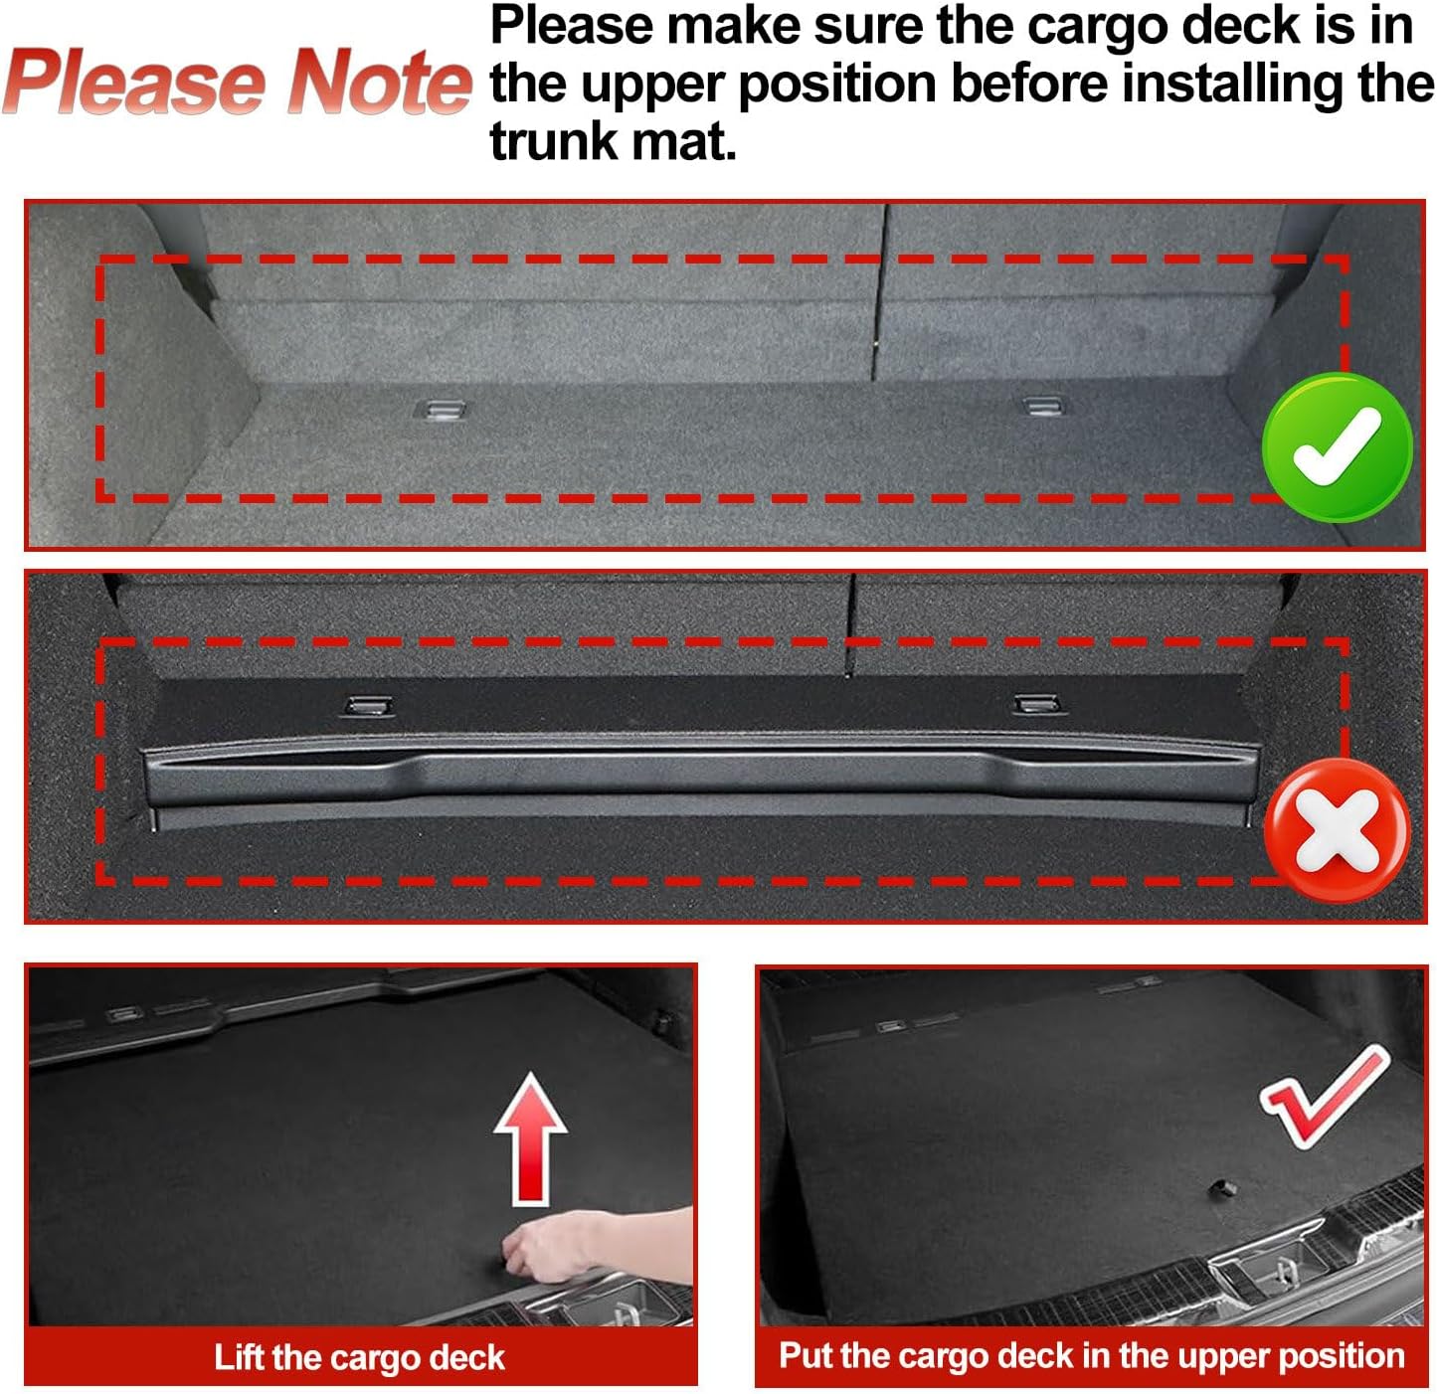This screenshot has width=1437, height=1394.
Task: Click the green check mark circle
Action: coord(1336,446)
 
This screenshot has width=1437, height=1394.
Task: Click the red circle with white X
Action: coord(1336,830)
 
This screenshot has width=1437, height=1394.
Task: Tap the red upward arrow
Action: coord(531,1138)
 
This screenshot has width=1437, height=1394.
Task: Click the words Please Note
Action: coord(237,83)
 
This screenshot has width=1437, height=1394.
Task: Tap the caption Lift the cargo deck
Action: coord(359,1357)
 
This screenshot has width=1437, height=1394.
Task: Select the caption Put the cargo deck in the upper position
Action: coord(1091,1355)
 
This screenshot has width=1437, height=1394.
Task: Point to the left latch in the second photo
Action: coord(367,706)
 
